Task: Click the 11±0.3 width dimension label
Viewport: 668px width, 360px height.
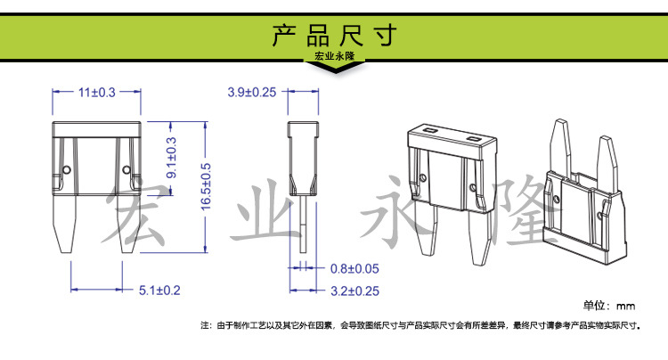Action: point(97,92)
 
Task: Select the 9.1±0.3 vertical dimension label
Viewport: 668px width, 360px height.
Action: point(171,157)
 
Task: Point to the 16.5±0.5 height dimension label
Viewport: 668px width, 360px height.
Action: point(206,186)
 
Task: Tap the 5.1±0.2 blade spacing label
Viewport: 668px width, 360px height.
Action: point(159,290)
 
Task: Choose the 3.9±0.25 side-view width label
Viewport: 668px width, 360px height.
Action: point(252,92)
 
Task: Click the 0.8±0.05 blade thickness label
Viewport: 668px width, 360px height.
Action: point(354,269)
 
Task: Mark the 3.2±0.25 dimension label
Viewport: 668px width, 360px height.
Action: point(354,291)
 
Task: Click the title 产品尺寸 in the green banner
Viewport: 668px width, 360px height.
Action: point(335,35)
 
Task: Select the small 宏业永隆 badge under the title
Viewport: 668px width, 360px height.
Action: point(334,56)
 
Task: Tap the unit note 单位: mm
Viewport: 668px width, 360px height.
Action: point(609,306)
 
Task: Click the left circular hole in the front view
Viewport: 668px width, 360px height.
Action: point(67,170)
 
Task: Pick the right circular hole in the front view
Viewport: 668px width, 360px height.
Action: point(126,170)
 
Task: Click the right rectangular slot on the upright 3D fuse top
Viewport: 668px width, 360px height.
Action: point(473,139)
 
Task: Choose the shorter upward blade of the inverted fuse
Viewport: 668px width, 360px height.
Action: point(607,163)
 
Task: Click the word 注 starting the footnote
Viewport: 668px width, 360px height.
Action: point(205,325)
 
